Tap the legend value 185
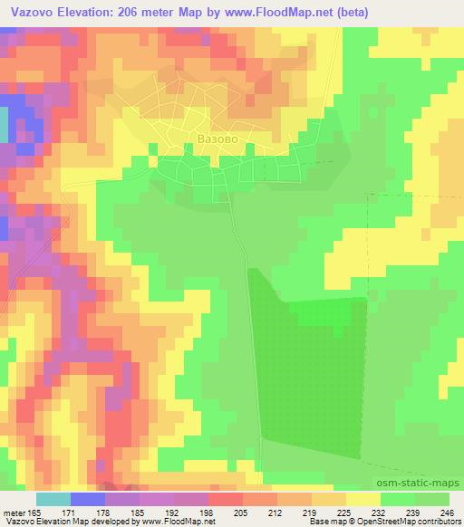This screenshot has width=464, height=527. (155, 513)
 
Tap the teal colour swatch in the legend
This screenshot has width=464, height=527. (53, 499)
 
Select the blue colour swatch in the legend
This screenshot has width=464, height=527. (87, 499)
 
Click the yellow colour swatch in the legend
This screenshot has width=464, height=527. (362, 499)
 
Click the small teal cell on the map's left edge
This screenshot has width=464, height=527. (3, 128)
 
